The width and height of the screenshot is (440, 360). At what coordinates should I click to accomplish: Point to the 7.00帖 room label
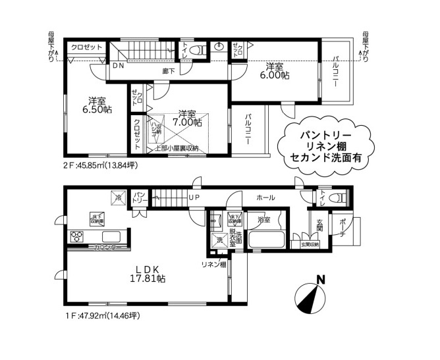tap(186, 122)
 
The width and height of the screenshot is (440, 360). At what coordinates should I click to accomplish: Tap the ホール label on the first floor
tap(265, 197)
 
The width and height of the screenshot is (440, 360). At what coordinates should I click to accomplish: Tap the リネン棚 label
tap(214, 265)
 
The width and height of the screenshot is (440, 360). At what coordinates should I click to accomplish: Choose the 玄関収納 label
tap(310, 245)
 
